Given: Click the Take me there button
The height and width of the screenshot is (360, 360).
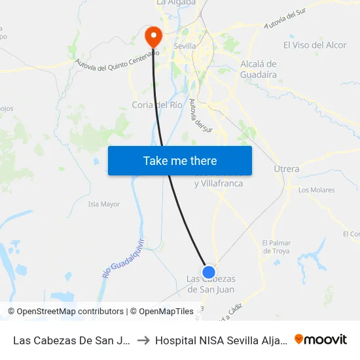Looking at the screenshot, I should pos(180,160).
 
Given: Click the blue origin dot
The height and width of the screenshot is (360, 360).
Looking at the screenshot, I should pos(209,272).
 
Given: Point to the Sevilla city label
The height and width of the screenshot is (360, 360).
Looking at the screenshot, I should pos(185,46).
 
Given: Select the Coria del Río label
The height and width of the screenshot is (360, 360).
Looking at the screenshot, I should pos(157,105).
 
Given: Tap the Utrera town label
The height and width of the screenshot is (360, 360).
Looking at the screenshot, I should pos(287,169).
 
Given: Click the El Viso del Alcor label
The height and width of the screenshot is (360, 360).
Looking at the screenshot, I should pos(315,45).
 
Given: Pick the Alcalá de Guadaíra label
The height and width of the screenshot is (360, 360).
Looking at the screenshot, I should pos(259,69).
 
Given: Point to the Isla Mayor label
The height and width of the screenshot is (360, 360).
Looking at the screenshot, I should pos(104,204).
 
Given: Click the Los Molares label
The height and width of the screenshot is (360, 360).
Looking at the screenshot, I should pos(316,190).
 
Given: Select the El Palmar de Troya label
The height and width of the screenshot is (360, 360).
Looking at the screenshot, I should pos(276,247).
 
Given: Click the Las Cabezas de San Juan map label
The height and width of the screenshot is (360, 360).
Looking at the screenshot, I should pos(211,284).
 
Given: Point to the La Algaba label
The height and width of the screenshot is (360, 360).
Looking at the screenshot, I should pos(176,3).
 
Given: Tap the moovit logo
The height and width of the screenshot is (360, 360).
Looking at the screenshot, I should pos(320,339).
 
